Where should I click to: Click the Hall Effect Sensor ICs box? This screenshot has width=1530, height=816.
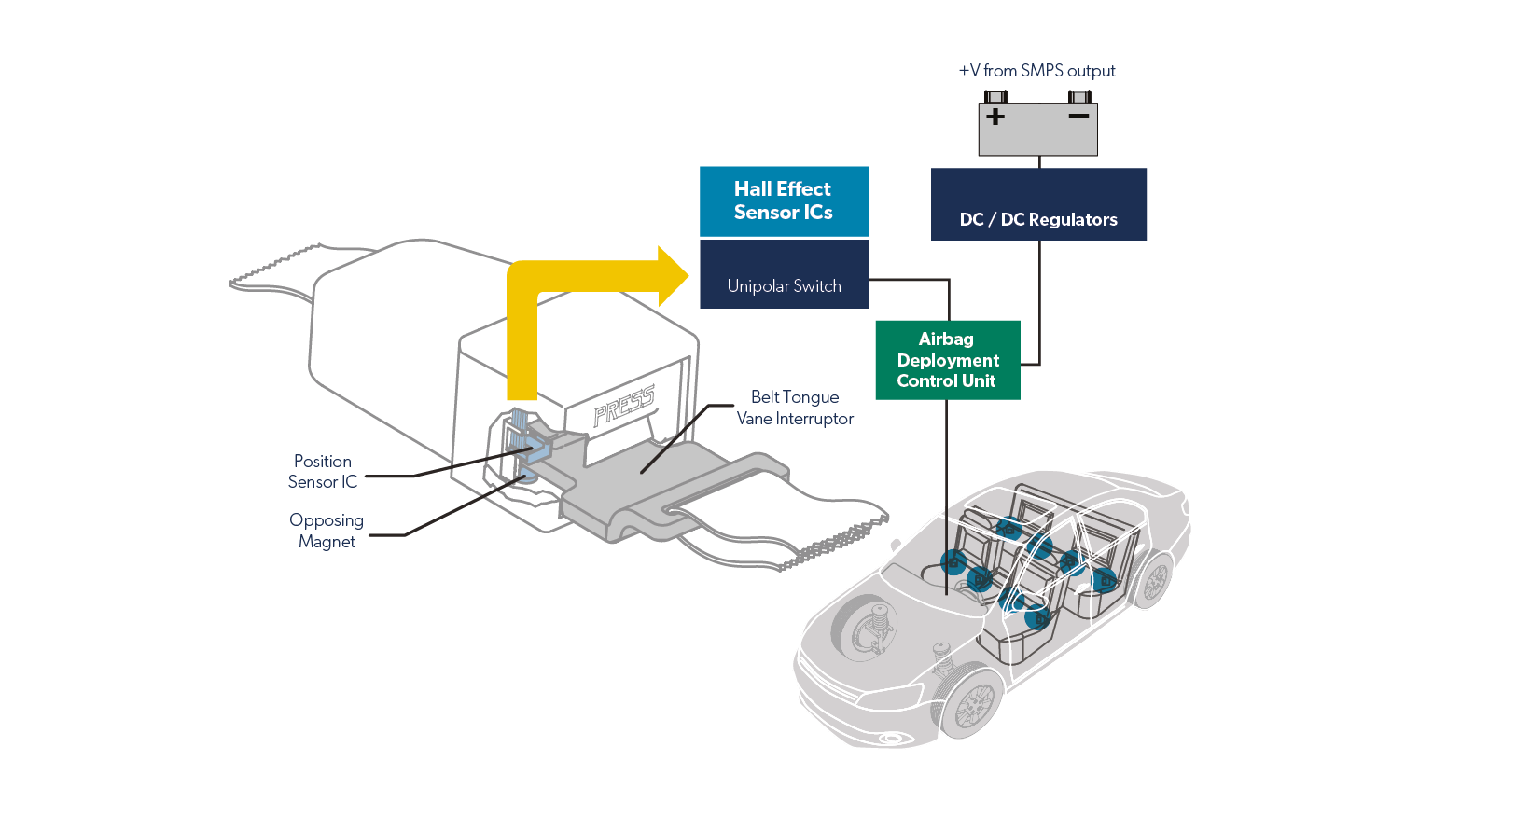pyautogui.click(x=784, y=201)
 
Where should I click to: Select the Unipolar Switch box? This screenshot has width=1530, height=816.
pyautogui.click(x=784, y=275)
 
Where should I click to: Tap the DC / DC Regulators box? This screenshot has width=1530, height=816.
pyautogui.click(x=1038, y=204)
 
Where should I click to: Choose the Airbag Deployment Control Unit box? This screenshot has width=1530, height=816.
pyautogui.click(x=947, y=360)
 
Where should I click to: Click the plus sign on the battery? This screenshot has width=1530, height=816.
pyautogui.click(x=995, y=117)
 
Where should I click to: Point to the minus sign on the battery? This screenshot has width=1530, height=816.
pyautogui.click(x=1078, y=116)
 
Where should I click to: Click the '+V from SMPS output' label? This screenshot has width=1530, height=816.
pyautogui.click(x=1036, y=71)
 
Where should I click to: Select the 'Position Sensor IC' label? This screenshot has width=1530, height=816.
pyautogui.click(x=322, y=472)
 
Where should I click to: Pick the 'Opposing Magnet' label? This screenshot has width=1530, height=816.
pyautogui.click(x=326, y=531)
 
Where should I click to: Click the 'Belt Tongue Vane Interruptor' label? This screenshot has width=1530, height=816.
pyautogui.click(x=795, y=408)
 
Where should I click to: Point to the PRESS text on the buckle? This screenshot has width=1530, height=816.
pyautogui.click(x=624, y=405)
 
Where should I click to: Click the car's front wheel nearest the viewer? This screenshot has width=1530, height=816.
pyautogui.click(x=973, y=701)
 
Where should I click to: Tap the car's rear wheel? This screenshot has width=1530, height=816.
pyautogui.click(x=1155, y=580)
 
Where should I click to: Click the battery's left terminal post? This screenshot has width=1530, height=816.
pyautogui.click(x=996, y=97)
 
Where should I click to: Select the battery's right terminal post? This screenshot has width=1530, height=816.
pyautogui.click(x=1080, y=97)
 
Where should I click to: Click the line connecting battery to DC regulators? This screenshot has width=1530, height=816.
pyautogui.click(x=1039, y=162)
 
